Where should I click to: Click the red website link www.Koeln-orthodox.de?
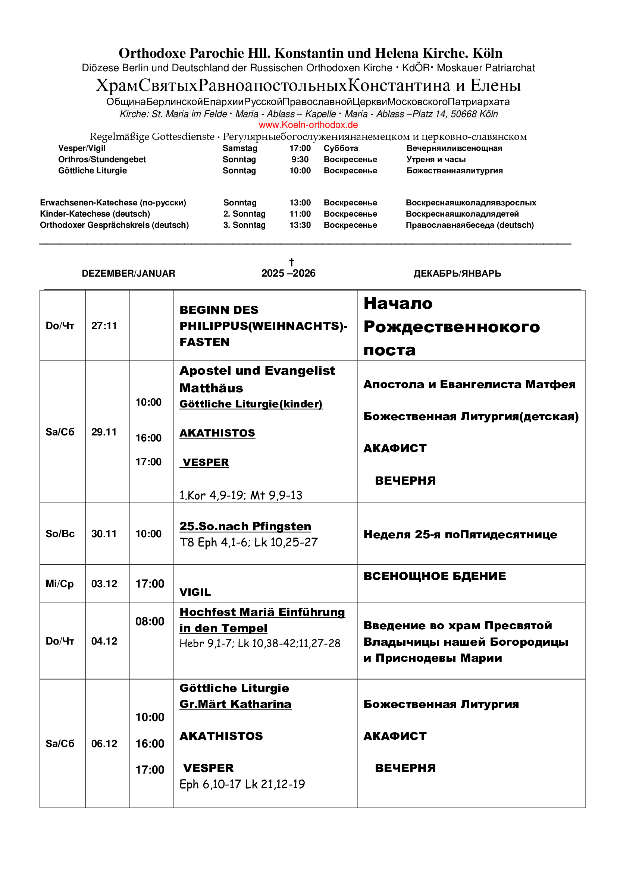tap(308, 125)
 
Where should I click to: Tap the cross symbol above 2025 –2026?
tap(291, 262)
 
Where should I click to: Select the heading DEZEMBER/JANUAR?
tap(128, 273)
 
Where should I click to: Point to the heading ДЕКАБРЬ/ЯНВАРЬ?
tap(457, 273)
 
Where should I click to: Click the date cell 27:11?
tap(104, 325)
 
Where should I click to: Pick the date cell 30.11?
tap(104, 533)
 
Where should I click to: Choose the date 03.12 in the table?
tap(104, 583)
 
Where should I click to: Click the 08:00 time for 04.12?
tap(150, 621)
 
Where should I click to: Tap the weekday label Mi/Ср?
tap(60, 583)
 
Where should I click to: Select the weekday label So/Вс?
tap(60, 533)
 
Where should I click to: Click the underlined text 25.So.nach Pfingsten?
tap(245, 526)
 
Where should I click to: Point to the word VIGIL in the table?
tap(195, 592)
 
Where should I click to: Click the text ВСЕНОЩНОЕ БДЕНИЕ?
tap(435, 576)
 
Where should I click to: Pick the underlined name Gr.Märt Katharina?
tap(235, 704)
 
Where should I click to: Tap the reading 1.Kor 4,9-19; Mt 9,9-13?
tap(241, 495)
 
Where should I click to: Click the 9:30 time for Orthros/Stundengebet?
tap(300, 160)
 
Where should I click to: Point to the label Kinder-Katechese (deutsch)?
tap(95, 214)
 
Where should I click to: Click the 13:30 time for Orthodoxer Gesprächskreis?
tap(300, 225)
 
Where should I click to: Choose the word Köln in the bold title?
tap(488, 53)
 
